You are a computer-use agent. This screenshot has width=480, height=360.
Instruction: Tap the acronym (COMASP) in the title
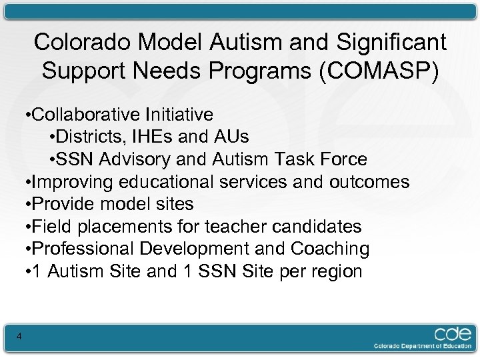coord(379,70)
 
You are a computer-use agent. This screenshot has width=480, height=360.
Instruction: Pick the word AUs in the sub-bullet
coord(231,137)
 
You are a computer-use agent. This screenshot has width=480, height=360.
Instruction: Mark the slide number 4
coord(19,337)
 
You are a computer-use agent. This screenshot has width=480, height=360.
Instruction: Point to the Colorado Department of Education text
coord(421,345)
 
